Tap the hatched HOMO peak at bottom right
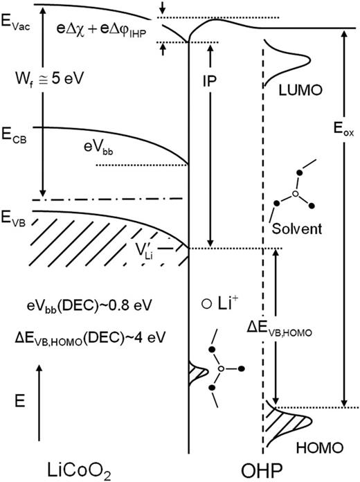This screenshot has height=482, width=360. point(280,424)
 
